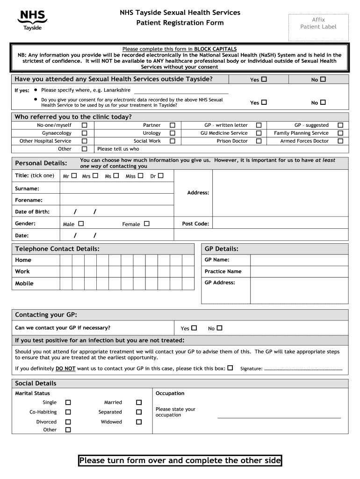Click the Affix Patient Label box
318,23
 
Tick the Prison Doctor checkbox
259,141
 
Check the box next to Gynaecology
85,133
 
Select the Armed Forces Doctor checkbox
340,141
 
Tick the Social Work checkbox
173,141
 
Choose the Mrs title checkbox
95,176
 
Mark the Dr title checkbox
160,176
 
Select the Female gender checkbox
147,224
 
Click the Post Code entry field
280,224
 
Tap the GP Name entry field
299,260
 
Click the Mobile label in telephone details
24,283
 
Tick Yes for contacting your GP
194,328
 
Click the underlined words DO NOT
65,369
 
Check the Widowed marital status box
139,422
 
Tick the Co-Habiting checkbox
68,412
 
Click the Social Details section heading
36,384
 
